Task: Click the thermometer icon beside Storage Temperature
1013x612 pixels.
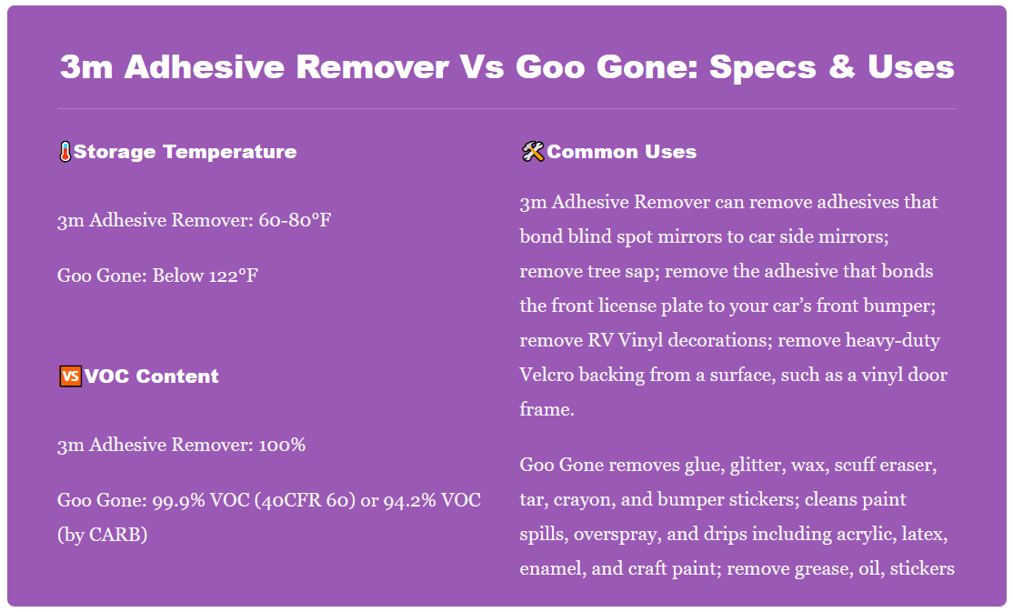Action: point(65,152)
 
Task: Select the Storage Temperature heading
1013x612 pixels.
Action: point(185,152)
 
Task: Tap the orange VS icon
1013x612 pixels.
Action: point(69,376)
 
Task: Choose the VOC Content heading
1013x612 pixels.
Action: point(152,376)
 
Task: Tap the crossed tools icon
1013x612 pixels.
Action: point(532,152)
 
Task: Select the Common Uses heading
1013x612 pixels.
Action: point(622,152)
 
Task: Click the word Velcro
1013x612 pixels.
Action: point(548,375)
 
